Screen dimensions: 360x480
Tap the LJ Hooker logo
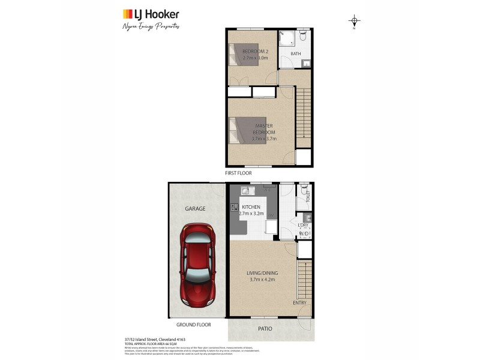pos(151,14)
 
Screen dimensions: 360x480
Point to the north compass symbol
pos(354,22)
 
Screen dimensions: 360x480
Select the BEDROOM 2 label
pos(255,52)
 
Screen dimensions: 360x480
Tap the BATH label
pos(296,54)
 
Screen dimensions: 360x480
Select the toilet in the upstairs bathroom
pos(303,36)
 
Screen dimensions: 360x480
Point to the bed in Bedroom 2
pos(243,54)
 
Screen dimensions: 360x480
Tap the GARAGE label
pos(194,209)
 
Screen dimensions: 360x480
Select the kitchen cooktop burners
pos(234,209)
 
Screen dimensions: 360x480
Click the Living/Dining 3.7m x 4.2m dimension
pos(262,279)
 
